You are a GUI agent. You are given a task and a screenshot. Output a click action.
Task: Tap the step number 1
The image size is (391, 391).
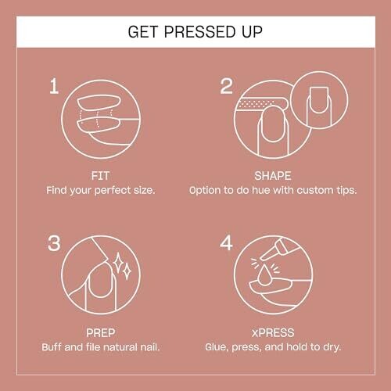tap(54, 86)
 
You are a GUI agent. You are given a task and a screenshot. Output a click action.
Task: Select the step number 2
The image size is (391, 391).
tap(226, 86)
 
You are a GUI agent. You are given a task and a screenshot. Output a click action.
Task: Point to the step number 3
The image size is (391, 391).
tap(54, 243)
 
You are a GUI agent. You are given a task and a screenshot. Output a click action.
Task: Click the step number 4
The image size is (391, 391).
tap(226, 243)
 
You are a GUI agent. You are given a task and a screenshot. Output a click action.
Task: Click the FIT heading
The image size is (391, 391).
tap(100, 176)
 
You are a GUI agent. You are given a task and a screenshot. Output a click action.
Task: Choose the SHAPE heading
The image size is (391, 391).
tap(273, 176)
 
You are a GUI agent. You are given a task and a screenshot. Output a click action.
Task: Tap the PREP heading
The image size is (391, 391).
tap(100, 333)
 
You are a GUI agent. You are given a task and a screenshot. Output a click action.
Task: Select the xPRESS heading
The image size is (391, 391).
tap(273, 333)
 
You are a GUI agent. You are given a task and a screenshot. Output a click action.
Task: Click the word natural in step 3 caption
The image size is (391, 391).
tap(120, 347)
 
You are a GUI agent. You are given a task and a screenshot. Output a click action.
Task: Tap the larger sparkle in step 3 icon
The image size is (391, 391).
tap(118, 263)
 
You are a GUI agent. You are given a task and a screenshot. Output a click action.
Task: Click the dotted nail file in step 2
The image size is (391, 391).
tap(260, 104)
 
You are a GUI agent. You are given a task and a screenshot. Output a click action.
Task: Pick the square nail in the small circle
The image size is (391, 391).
tap(318, 100)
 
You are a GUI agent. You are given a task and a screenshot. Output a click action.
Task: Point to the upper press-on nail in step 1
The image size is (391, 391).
tap(99, 103)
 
